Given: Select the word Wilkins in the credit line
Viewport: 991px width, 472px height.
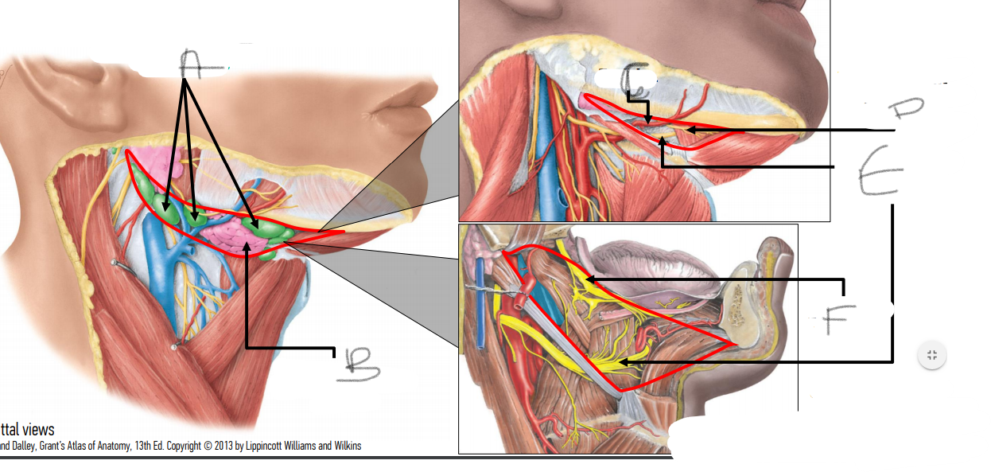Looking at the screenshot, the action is coord(344,446).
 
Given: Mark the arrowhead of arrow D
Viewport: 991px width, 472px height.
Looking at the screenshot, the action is coord(689,129).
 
